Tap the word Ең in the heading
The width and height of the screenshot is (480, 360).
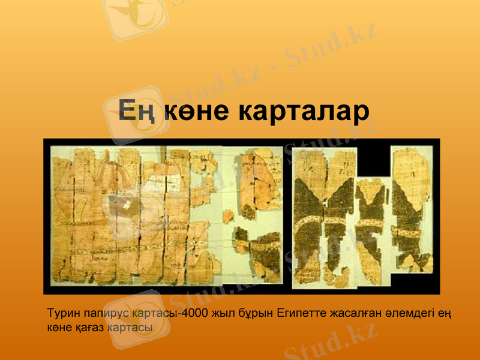(137, 112)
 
